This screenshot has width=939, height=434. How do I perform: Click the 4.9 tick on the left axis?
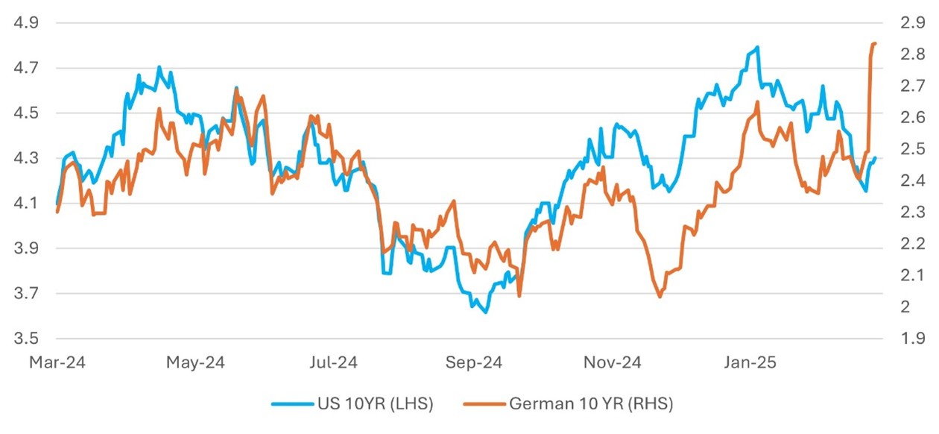(27, 22)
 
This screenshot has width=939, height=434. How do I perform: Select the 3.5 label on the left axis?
(27, 339)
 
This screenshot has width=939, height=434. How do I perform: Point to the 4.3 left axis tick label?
(27, 158)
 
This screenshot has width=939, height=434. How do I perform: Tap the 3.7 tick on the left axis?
(27, 294)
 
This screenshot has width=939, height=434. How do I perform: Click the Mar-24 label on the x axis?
(57, 363)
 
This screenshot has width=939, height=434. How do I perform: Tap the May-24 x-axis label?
(196, 363)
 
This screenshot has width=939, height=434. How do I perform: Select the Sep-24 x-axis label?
(475, 363)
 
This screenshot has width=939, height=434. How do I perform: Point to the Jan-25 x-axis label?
(751, 363)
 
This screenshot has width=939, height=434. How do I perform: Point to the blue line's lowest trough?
(486, 312)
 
